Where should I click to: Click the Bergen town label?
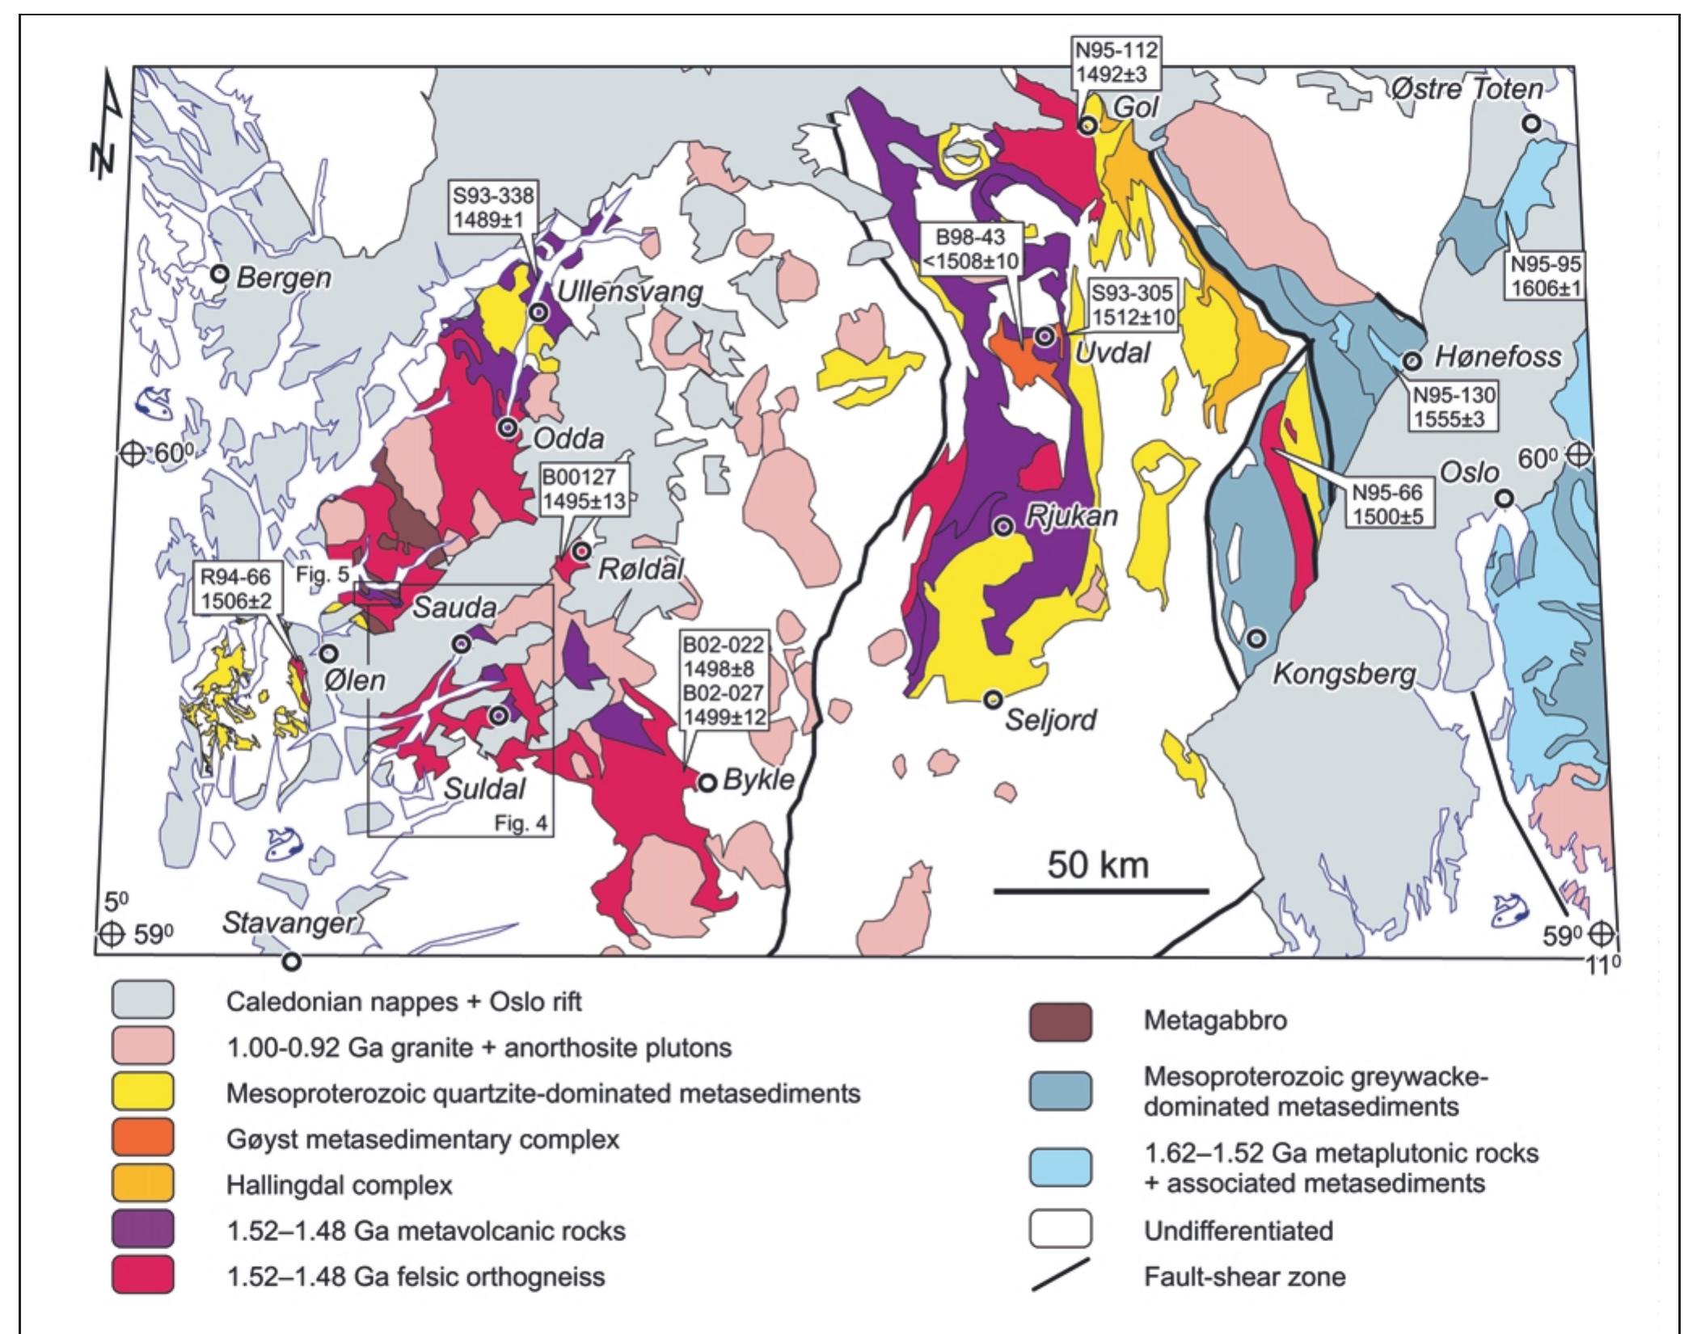(284, 277)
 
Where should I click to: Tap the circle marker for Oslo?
(1503, 499)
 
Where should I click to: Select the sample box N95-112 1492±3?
(1116, 63)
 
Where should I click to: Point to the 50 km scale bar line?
(1101, 891)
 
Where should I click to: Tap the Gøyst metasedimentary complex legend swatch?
(143, 1139)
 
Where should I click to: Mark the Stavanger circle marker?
(291, 962)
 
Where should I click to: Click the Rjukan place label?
(1072, 517)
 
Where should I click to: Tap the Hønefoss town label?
(1497, 356)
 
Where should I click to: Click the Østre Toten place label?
(1466, 89)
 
